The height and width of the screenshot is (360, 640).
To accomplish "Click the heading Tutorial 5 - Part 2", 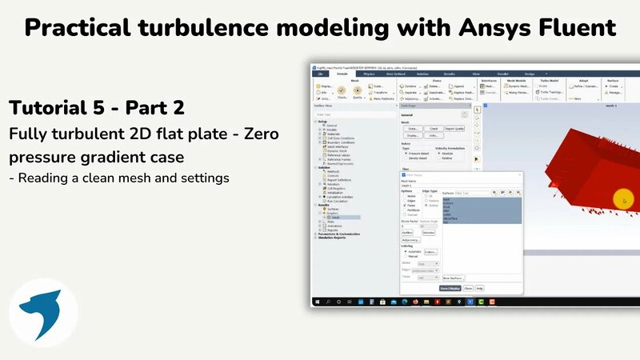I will point(97,107).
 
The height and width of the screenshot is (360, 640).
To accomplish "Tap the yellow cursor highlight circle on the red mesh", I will point(624,200).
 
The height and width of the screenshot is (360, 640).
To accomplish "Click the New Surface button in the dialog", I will point(453,278).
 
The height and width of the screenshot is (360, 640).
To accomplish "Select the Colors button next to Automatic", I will point(431,252).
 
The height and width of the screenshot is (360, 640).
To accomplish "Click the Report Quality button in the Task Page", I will point(454,128).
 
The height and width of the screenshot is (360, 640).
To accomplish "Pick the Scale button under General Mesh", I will point(414,128).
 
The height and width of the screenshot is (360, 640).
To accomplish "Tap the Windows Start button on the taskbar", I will point(318,302).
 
